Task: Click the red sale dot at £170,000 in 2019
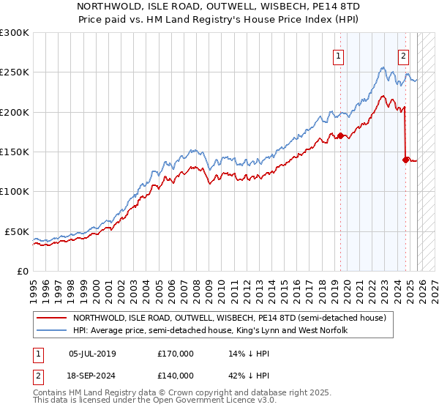coord(340,135)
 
